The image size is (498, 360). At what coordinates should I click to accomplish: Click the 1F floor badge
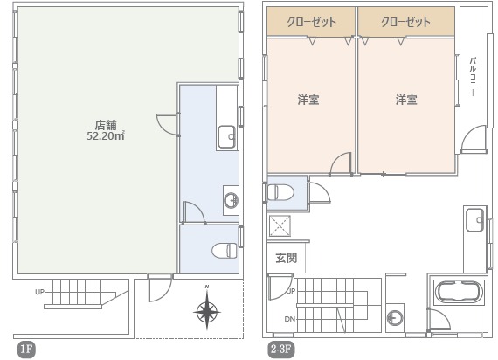26,350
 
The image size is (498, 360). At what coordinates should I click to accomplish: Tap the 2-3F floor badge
281,350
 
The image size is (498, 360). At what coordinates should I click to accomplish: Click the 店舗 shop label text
106,125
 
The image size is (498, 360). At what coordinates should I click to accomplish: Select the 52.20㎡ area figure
106,136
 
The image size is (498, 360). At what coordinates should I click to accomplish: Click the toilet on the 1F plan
225,251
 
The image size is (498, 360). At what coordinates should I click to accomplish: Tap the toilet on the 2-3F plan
280,192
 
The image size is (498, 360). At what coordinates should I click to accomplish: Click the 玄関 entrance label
287,258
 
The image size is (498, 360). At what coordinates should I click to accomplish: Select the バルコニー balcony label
473,76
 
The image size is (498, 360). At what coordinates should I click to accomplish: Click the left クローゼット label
311,22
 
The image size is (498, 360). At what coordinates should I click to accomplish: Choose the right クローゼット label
405,22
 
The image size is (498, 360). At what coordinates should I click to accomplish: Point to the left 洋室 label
308,100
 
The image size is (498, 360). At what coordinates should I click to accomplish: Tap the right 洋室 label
406,100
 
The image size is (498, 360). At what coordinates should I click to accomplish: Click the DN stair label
290,319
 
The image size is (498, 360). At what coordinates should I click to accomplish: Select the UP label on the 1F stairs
39,292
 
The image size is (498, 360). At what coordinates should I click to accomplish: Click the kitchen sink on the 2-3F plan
475,219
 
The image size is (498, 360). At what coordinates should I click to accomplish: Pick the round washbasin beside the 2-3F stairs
395,318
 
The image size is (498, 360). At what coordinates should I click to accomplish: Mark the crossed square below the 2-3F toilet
280,226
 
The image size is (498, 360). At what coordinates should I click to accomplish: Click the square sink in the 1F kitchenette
227,137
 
